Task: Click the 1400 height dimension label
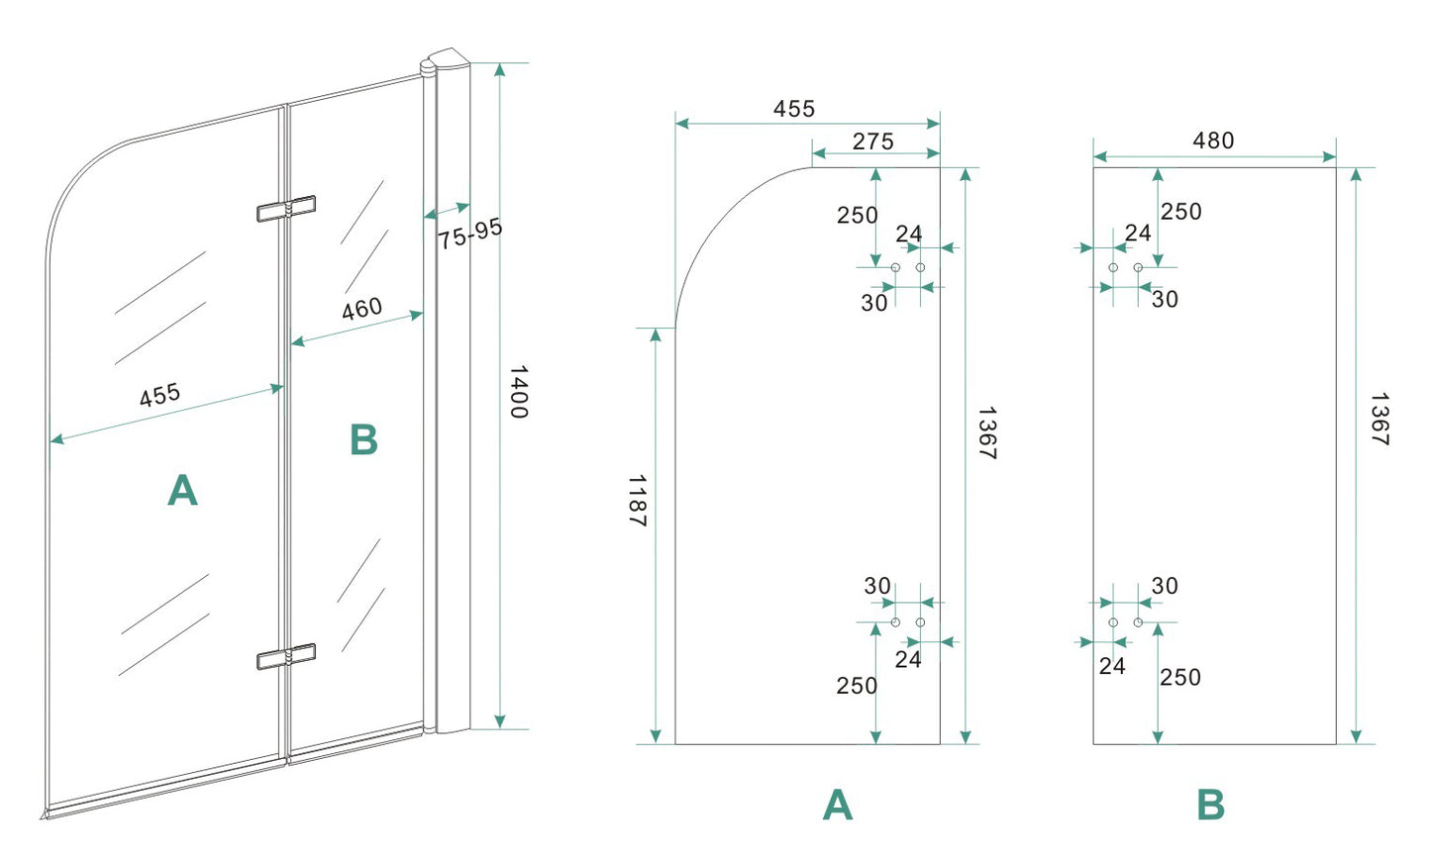click(x=518, y=392)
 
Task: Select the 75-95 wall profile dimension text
click(x=471, y=234)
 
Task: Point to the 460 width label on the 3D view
click(x=361, y=310)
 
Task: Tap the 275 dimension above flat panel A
click(x=872, y=142)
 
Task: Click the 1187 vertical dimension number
click(x=637, y=501)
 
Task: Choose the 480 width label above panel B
click(x=1213, y=141)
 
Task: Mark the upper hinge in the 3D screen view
click(x=286, y=209)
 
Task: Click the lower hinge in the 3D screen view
click(x=286, y=656)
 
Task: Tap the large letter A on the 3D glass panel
click(x=183, y=490)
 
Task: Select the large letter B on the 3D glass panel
click(x=363, y=440)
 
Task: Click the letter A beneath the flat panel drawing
click(x=838, y=806)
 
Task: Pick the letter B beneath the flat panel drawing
click(x=1211, y=806)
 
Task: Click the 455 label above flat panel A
click(x=794, y=109)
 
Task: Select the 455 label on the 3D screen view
click(x=160, y=395)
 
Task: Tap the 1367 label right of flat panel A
click(x=986, y=432)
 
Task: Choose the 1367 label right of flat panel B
click(x=1380, y=420)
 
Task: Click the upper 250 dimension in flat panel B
click(x=1180, y=211)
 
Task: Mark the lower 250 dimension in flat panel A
click(x=857, y=685)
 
